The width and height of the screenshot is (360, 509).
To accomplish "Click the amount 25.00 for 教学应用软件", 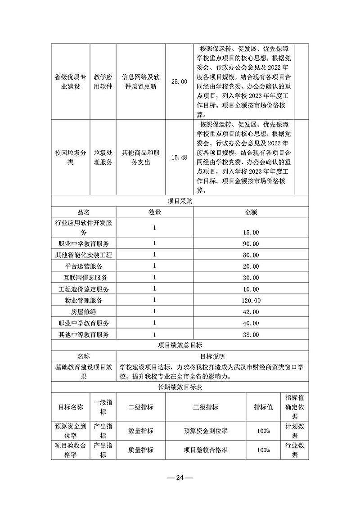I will [x=180, y=81].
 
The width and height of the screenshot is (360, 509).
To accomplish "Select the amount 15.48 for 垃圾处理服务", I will [x=180, y=158].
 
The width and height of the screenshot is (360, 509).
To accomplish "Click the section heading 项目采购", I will [x=180, y=202].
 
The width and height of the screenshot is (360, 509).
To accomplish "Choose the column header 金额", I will [x=251, y=212].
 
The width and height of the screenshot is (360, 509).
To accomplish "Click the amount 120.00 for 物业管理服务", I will [x=251, y=301].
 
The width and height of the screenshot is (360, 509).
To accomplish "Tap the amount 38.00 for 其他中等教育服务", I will [x=251, y=335].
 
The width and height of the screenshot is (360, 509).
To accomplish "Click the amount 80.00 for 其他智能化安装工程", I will [x=251, y=255].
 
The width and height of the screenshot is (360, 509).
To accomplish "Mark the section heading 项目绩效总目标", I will [x=180, y=346].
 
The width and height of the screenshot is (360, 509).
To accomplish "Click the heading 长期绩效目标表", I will [x=180, y=387].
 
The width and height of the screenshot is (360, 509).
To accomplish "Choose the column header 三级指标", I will [x=206, y=407].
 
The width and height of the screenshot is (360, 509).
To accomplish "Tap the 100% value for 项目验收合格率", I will [x=264, y=450].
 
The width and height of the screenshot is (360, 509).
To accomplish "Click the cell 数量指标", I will [x=141, y=431].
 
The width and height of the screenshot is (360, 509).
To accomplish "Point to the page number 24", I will [x=180, y=477].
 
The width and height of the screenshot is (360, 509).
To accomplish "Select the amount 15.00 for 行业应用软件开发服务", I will [x=251, y=233].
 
